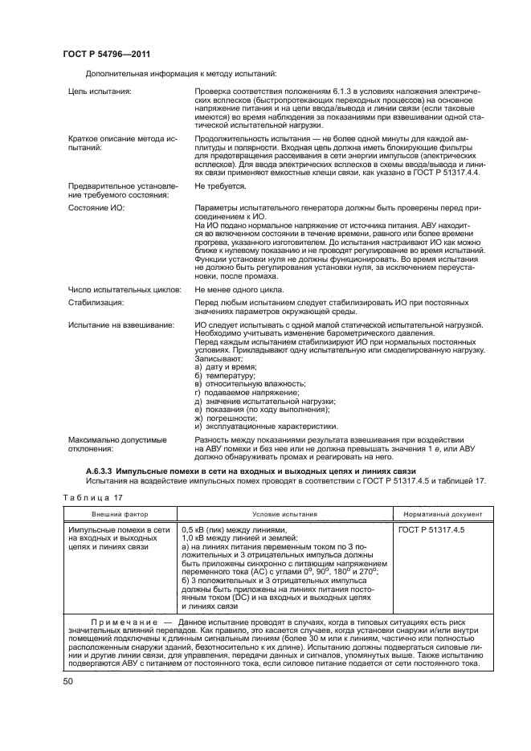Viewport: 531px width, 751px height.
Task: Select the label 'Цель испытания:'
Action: tap(100, 92)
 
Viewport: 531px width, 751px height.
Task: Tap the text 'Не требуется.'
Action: tap(220, 186)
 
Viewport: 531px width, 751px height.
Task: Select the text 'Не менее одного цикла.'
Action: tap(239, 289)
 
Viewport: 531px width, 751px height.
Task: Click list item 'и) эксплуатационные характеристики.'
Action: tap(266, 427)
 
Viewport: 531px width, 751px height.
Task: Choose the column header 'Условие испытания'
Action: tap(284, 514)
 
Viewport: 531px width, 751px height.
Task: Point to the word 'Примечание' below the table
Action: tap(123, 623)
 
